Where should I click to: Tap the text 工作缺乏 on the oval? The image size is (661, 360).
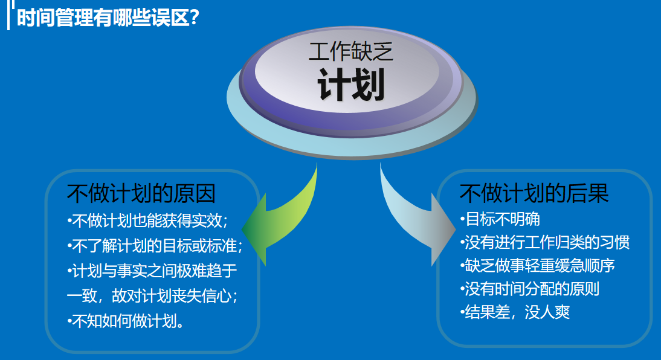[x=350, y=52]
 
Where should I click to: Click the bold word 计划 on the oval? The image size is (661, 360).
[x=350, y=86]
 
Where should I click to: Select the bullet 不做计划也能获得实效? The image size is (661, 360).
[x=147, y=220]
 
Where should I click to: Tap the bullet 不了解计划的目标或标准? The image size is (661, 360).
[x=155, y=246]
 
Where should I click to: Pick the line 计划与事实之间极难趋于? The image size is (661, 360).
[x=152, y=271]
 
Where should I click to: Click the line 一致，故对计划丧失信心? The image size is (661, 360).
[x=151, y=295]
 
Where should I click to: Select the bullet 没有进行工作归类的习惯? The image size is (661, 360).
[x=544, y=242]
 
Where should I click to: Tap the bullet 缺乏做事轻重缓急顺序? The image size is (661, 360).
[x=537, y=266]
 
